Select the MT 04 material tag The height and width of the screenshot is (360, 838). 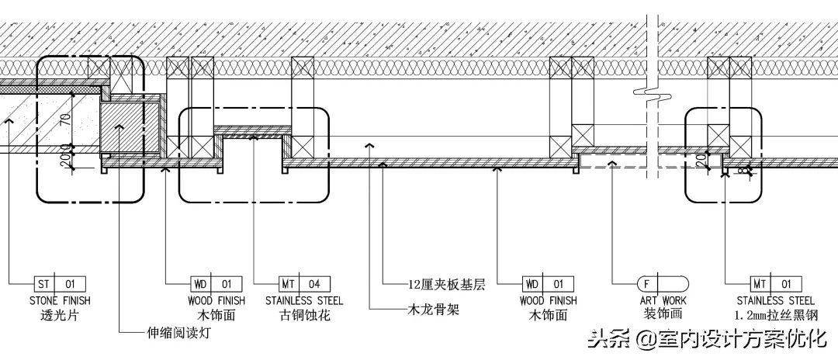[x=305, y=284]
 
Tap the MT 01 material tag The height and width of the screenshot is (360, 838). [x=776, y=284]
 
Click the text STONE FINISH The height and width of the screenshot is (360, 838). [x=60, y=300]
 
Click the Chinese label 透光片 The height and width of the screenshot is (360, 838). [x=60, y=316]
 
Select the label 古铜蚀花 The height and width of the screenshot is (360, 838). [x=304, y=316]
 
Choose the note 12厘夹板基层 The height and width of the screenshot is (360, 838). [x=446, y=285]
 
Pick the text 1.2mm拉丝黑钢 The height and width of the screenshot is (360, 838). [x=776, y=316]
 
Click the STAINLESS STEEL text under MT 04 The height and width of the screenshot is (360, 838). [x=304, y=300]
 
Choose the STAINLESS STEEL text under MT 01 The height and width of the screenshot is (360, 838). [x=776, y=300]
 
